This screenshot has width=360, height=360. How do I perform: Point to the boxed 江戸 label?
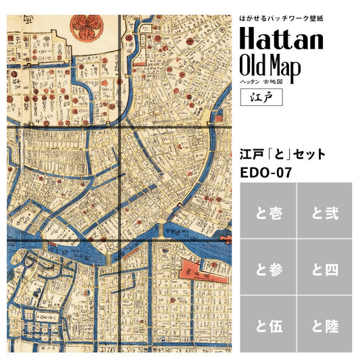click(257, 96)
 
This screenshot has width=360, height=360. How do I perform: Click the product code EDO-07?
click(266, 172)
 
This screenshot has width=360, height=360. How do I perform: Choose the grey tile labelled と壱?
click(267, 213)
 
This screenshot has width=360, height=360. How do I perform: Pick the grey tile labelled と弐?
click(325, 213)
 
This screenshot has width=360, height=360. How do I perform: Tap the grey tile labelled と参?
click(267, 269)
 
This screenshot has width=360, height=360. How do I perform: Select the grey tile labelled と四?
click(325, 269)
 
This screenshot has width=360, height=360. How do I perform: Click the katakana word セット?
click(308, 154)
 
